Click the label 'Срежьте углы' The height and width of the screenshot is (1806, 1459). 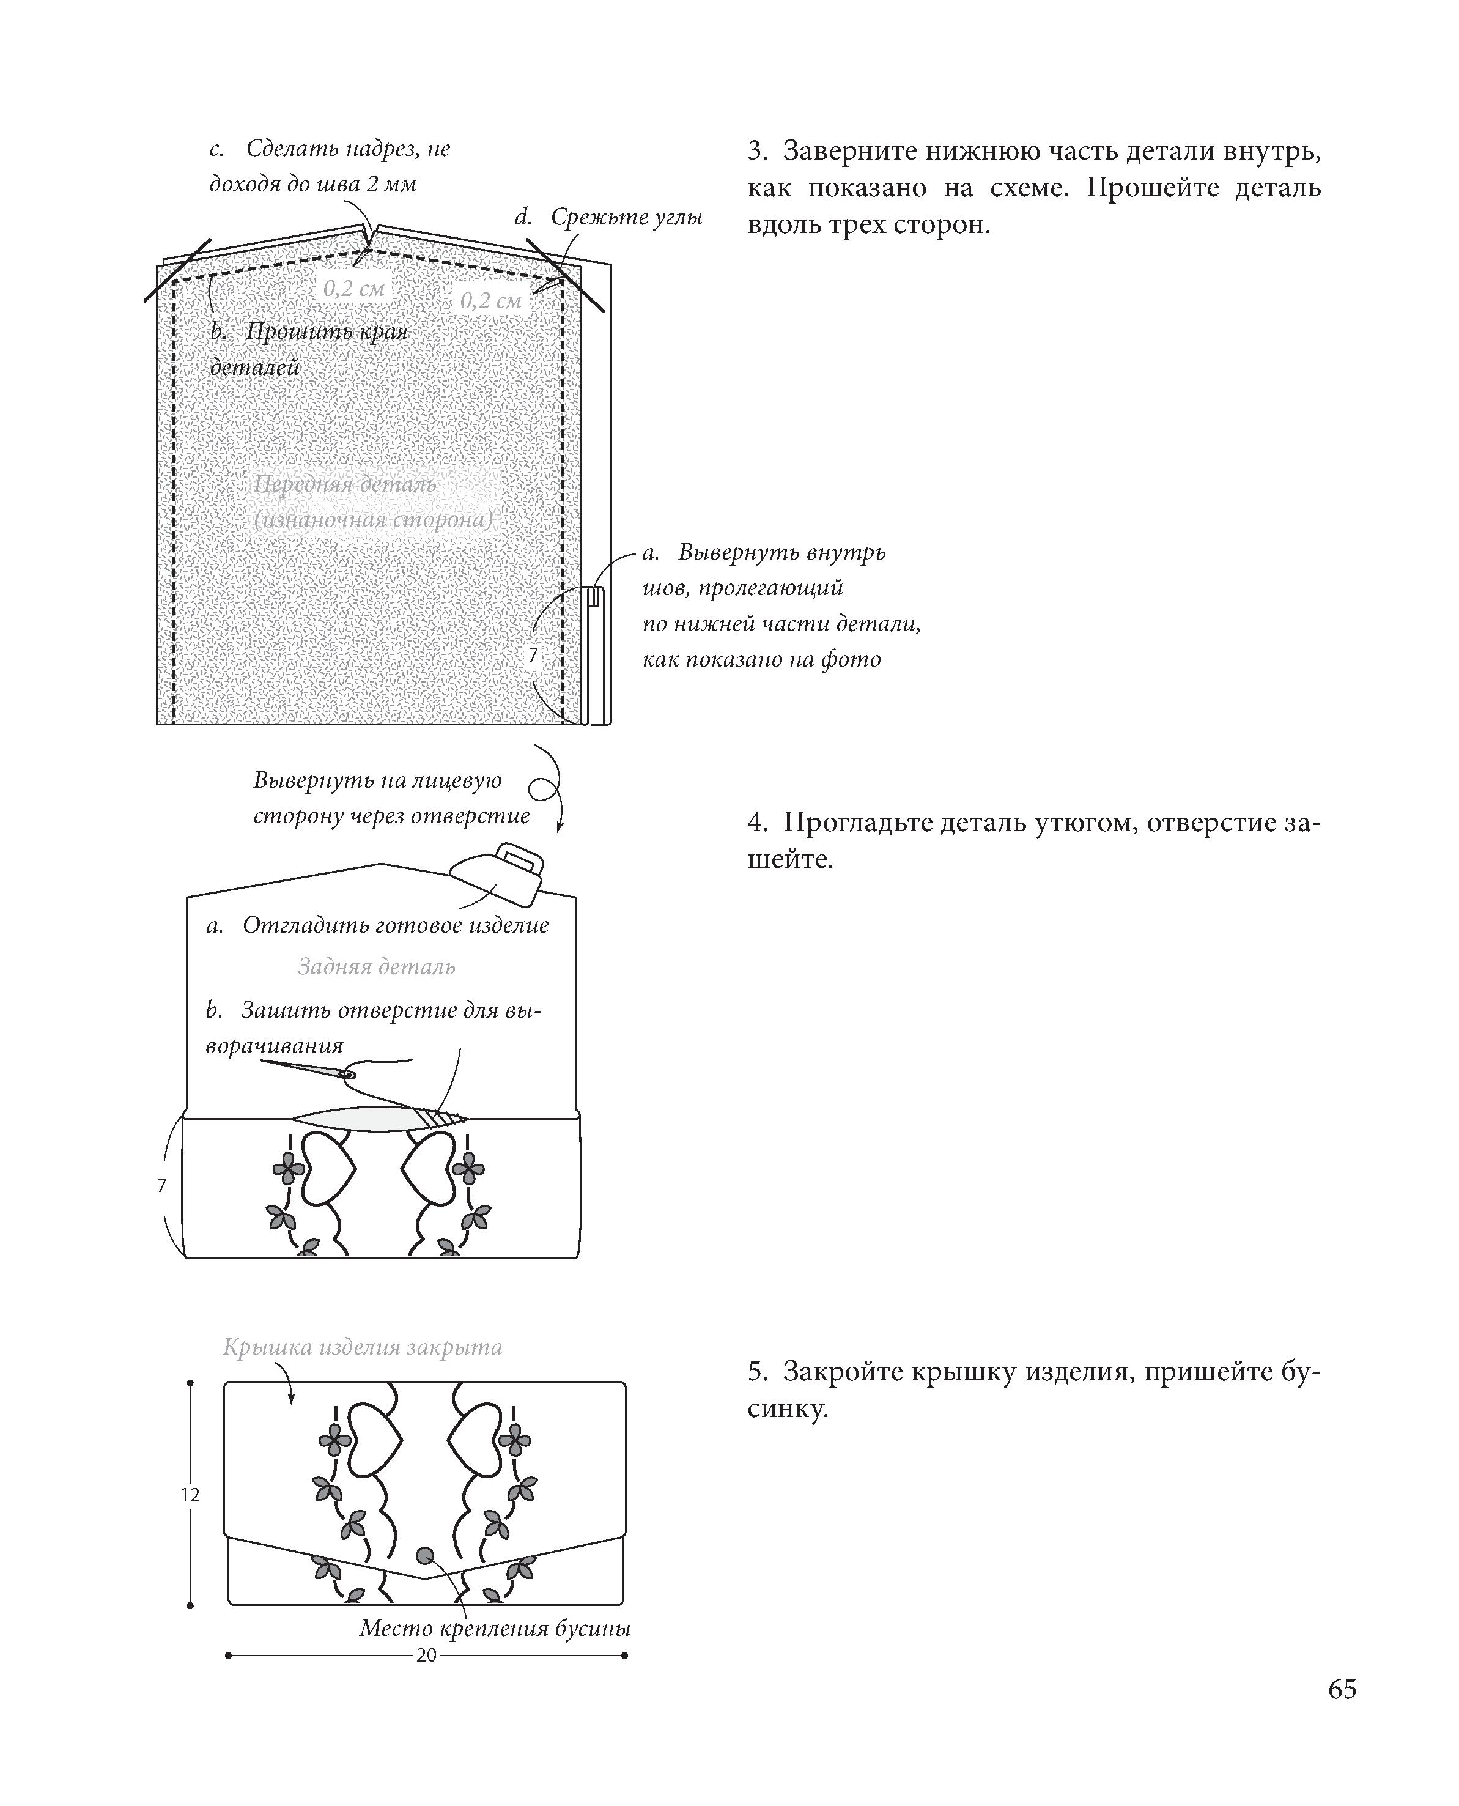pos(626,217)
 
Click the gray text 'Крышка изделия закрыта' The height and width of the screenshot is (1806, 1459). pos(362,1347)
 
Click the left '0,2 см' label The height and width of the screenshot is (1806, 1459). pos(354,288)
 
